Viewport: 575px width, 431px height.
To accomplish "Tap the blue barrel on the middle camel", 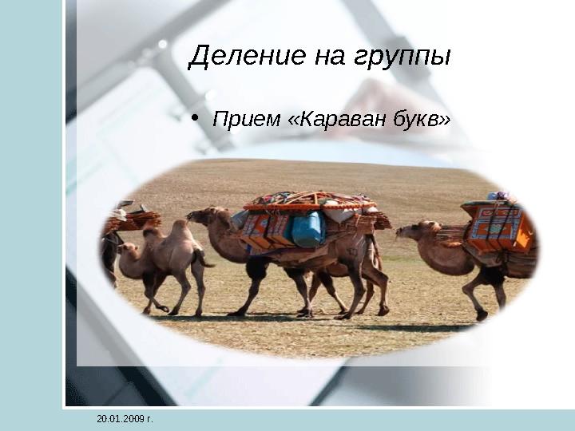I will click(x=308, y=228).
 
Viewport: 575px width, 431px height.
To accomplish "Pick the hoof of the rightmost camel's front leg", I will click(x=482, y=315).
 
